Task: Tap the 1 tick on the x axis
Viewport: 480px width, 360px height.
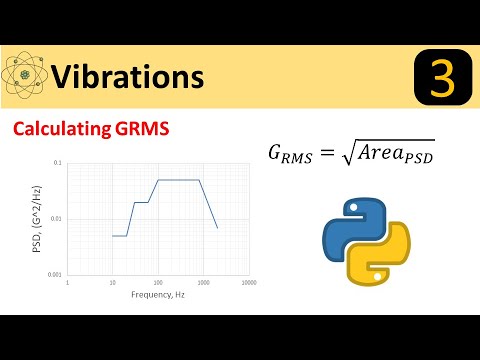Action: click(67, 283)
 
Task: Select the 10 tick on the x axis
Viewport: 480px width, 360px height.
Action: click(112, 283)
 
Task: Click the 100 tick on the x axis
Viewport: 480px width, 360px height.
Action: click(157, 283)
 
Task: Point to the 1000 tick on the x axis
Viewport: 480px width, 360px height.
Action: click(202, 283)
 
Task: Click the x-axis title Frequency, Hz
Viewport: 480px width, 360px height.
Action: click(157, 295)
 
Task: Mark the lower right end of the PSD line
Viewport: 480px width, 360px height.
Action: click(217, 228)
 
